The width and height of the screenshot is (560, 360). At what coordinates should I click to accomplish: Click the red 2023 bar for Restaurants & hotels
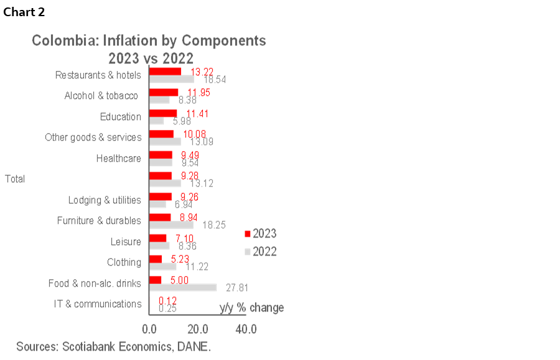[165, 71]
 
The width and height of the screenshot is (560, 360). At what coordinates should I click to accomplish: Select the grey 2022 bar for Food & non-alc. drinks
[183, 288]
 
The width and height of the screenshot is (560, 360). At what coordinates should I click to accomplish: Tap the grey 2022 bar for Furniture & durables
[171, 225]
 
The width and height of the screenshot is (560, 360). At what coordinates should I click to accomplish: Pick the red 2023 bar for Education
[163, 113]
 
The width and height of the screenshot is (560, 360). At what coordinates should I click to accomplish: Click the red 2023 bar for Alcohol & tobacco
[164, 92]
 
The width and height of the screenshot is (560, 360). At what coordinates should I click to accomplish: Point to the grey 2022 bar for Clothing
[162, 267]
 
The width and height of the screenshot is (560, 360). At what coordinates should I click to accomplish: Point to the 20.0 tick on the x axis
[198, 329]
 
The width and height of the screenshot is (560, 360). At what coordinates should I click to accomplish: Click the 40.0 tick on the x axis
[246, 329]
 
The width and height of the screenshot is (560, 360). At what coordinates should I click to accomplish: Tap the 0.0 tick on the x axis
[149, 329]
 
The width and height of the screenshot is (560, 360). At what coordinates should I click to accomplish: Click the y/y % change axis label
[252, 308]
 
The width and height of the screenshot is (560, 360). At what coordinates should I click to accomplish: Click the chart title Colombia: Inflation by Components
[149, 41]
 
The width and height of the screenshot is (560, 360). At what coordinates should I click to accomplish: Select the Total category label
[15, 179]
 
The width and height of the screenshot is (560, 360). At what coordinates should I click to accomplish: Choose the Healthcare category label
[118, 159]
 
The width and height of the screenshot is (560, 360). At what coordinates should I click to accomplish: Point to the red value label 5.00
[180, 280]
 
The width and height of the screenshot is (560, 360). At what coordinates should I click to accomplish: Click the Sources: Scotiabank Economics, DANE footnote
[113, 346]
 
